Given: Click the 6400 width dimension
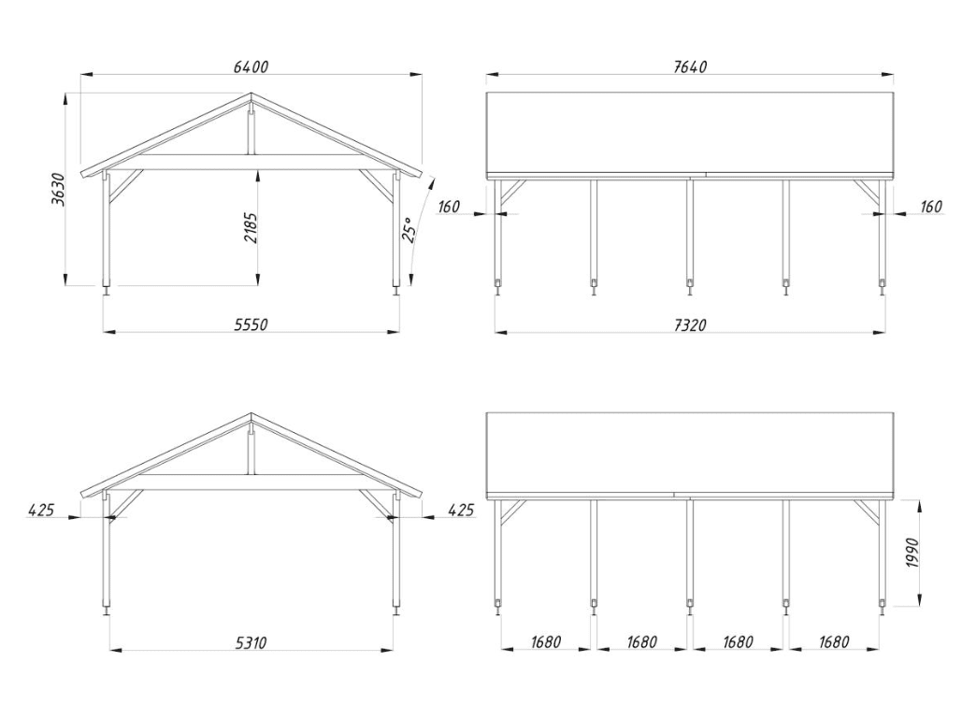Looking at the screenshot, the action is (x=251, y=66).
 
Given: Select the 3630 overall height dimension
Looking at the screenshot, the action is (x=58, y=189).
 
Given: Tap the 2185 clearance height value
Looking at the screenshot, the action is (x=251, y=228).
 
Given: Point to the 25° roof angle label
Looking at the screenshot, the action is (x=409, y=230).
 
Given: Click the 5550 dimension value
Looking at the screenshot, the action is (x=251, y=324).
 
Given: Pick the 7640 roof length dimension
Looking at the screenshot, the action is (x=690, y=66).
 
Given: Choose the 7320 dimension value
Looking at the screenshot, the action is (x=690, y=324).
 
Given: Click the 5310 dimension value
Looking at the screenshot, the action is (x=251, y=642).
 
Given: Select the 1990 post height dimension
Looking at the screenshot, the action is (x=912, y=553).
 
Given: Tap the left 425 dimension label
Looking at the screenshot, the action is (x=41, y=510).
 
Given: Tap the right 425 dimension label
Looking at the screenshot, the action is (x=461, y=510).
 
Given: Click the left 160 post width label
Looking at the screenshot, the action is (x=449, y=207).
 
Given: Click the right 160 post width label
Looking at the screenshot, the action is (x=931, y=207).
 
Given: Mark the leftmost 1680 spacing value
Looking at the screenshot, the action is (x=545, y=642).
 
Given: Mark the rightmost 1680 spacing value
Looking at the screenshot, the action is (x=834, y=642).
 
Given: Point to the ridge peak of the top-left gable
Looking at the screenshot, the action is (x=251, y=94).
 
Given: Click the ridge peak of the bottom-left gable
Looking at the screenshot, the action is (x=251, y=413).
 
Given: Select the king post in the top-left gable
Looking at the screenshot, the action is (x=251, y=132).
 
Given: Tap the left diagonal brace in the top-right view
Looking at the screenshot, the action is (x=512, y=192).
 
